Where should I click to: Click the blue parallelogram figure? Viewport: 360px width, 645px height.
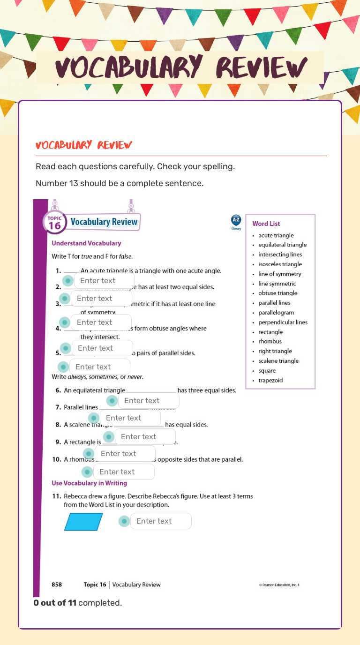pyautogui.click(x=83, y=522)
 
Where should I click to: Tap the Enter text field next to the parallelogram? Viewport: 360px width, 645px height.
pyautogui.click(x=160, y=521)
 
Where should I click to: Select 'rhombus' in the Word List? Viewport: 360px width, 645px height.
pyautogui.click(x=270, y=341)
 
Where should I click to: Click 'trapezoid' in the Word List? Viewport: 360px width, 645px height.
pyautogui.click(x=270, y=380)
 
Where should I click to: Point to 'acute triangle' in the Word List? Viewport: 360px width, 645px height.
pyautogui.click(x=276, y=235)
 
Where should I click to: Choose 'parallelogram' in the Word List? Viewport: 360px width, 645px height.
pyautogui.click(x=276, y=312)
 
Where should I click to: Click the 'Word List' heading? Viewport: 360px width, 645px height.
pyautogui.click(x=266, y=224)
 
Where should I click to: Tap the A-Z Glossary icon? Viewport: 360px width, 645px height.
pyautogui.click(x=236, y=221)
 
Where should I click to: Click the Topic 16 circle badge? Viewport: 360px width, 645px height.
pyautogui.click(x=54, y=223)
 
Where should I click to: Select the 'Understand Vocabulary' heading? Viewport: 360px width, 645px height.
pyautogui.click(x=86, y=243)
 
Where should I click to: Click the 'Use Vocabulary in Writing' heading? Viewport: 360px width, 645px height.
pyautogui.click(x=89, y=483)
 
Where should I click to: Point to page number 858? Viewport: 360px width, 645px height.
pyautogui.click(x=57, y=585)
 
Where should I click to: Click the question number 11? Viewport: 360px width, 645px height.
pyautogui.click(x=56, y=496)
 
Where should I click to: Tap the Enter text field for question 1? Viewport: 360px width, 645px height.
pyautogui.click(x=104, y=281)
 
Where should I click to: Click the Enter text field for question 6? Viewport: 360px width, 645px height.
pyautogui.click(x=148, y=401)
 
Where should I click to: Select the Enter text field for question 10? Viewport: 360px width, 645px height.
pyautogui.click(x=123, y=472)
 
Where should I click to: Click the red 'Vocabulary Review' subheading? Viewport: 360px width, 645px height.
pyautogui.click(x=84, y=145)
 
